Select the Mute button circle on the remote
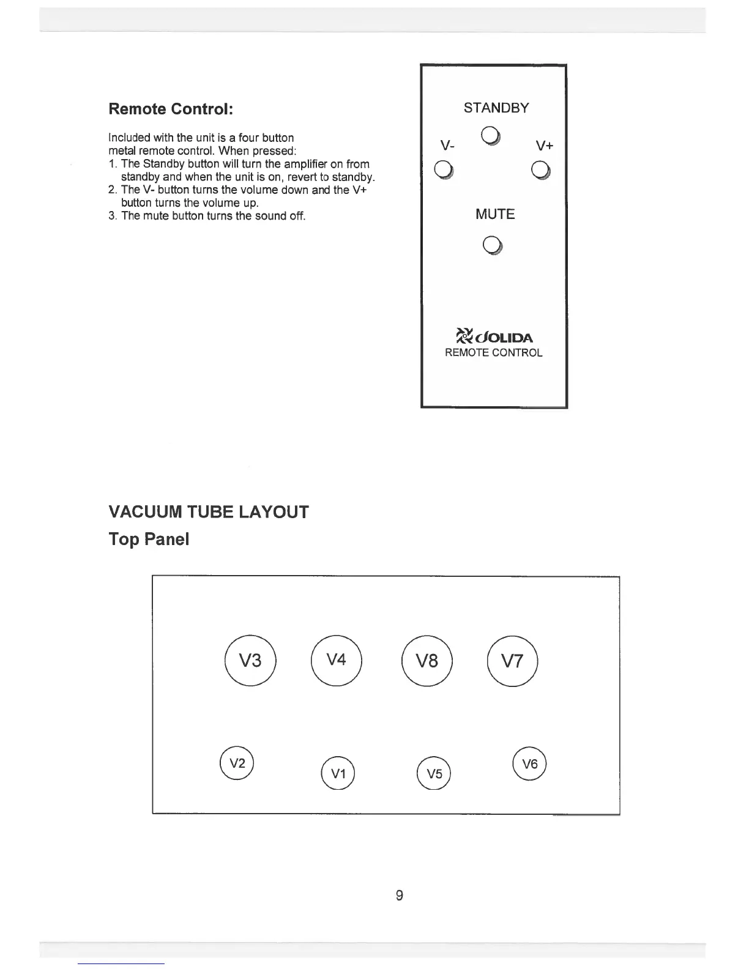(x=493, y=246)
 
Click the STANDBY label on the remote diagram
(x=496, y=108)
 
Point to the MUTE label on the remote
(x=495, y=214)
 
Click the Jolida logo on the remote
(x=495, y=336)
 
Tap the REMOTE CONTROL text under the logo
(x=493, y=353)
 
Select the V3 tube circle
(x=251, y=661)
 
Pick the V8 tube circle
(x=427, y=661)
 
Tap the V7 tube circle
(x=512, y=661)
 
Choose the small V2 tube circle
(x=237, y=763)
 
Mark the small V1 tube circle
(x=338, y=773)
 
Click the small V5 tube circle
(x=433, y=773)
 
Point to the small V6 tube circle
(x=530, y=763)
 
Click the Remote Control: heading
(x=171, y=110)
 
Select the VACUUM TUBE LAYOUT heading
(x=209, y=511)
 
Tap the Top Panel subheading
(x=149, y=539)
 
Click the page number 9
(x=399, y=896)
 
